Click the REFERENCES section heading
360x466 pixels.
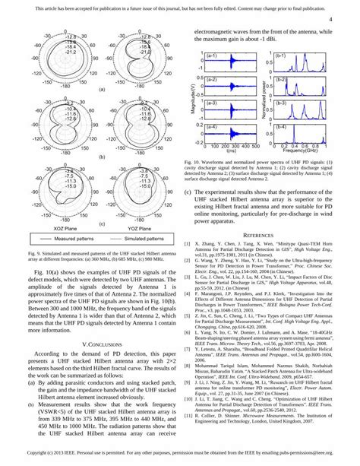coord(264,236)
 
